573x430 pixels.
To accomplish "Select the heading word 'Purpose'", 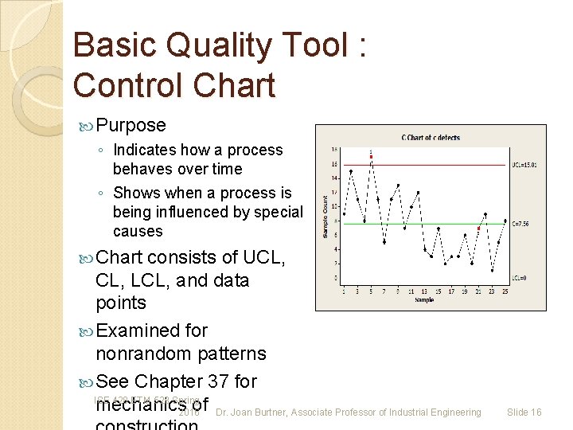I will [x=131, y=125].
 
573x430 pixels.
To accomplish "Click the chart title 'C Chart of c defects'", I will [x=431, y=138].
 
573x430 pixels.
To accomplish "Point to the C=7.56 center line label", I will [x=520, y=224].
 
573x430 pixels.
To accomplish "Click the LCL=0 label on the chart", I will [x=519, y=278].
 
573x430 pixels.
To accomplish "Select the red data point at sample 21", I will [x=478, y=228].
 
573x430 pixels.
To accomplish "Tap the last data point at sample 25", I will [x=505, y=221].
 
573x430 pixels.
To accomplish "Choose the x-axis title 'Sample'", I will [x=424, y=300].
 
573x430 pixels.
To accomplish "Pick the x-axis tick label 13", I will [x=424, y=291].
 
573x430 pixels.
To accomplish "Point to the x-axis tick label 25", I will [x=505, y=291].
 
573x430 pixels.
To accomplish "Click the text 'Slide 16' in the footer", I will [x=524, y=412].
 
